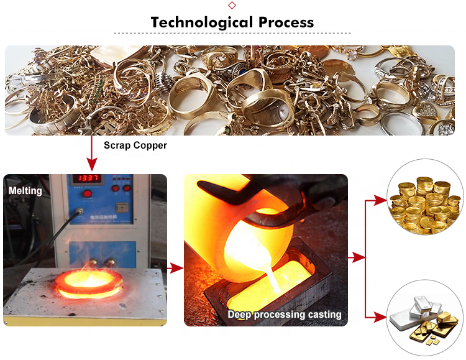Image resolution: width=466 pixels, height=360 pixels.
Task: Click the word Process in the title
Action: coord(283,23)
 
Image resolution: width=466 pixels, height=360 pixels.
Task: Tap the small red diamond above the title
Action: coord(232,5)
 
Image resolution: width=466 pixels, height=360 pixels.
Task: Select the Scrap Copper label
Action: coord(135,145)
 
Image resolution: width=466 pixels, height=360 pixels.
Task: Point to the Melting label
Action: coord(25,191)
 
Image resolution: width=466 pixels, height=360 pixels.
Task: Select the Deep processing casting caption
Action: coord(284,315)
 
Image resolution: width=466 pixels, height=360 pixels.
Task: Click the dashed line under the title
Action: coord(232,34)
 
